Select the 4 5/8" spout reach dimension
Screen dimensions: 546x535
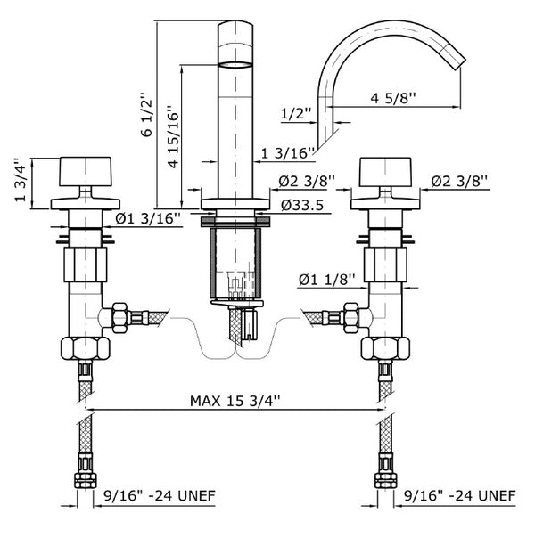point(395,98)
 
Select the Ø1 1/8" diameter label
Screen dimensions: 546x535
point(327,279)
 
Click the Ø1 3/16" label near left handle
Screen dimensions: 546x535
point(148,217)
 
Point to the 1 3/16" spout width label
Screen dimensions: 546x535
point(286,154)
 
